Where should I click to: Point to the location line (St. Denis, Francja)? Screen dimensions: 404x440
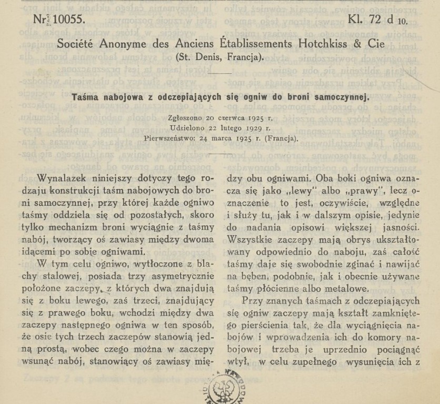pos(219,57)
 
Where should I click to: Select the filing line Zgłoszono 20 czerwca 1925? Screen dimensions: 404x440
pos(220,118)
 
